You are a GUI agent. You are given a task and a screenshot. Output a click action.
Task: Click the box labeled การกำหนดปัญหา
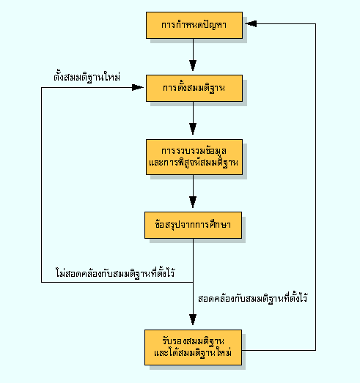tap(194, 25)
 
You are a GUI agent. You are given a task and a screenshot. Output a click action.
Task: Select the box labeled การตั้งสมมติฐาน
tap(194, 88)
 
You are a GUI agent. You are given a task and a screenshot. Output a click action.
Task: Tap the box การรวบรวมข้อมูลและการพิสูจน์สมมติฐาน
tap(194, 157)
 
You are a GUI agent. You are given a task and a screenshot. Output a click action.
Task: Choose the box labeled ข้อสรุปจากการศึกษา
tap(194, 225)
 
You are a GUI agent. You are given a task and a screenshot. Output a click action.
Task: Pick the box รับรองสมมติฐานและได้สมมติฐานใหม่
tap(194, 347)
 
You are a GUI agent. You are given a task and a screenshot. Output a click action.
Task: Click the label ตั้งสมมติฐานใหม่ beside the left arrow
tap(87, 77)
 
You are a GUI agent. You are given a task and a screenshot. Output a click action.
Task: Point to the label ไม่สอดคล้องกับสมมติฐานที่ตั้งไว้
tap(115, 273)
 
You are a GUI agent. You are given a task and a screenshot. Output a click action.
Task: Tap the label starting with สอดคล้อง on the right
tap(253, 298)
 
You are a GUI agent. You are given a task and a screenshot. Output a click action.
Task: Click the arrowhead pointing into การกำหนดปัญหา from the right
tap(251, 23)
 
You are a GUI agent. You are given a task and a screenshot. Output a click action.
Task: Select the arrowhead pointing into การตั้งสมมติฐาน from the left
tap(138, 87)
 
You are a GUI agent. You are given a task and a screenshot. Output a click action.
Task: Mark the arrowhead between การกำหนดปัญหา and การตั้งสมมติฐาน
tap(193, 65)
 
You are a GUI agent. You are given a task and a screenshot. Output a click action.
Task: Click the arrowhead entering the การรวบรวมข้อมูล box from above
tap(193, 129)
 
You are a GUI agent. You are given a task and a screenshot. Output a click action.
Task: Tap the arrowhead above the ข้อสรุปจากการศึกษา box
tap(193, 202)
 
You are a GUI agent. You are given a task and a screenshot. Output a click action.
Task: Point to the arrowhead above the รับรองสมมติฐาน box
tap(193, 319)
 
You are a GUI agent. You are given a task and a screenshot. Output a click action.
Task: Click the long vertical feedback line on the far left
tap(41, 185)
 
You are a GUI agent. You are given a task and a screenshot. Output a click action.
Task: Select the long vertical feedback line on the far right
tap(315, 187)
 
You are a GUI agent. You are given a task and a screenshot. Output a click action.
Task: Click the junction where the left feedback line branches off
tap(193, 283)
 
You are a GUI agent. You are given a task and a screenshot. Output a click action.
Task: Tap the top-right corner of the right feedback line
tap(315, 23)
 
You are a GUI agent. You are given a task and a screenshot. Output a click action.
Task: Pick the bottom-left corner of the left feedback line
tap(41, 283)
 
